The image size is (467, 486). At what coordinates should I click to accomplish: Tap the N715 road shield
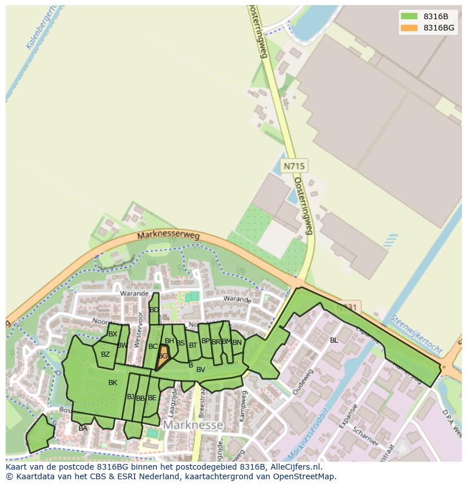point(294,166)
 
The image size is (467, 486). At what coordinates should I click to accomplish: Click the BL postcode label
point(334,340)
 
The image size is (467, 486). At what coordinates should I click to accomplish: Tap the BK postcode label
point(113,383)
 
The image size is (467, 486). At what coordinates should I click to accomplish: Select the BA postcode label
point(83,428)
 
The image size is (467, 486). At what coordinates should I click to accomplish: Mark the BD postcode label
point(154,310)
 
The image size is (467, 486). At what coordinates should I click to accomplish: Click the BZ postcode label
point(105,354)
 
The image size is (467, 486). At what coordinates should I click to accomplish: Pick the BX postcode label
point(113,334)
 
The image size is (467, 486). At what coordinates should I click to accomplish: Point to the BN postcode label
point(237,343)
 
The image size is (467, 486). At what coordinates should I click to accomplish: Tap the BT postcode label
point(193,345)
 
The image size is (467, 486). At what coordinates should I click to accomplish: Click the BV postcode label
point(200,370)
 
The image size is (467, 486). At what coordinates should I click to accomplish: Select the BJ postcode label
point(130,397)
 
